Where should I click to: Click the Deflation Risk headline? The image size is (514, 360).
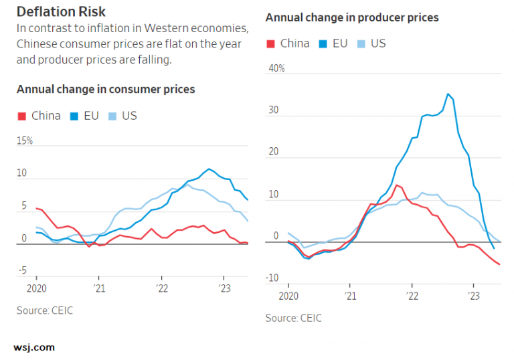click(61, 11)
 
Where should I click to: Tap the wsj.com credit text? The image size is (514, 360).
click(34, 347)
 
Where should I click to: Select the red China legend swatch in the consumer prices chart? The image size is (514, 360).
click(21, 116)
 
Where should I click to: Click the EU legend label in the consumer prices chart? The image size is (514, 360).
click(91, 116)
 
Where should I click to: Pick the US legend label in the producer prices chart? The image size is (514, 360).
click(378, 43)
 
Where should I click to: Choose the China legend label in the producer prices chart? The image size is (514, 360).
click(294, 43)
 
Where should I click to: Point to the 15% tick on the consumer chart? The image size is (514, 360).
click(25, 141)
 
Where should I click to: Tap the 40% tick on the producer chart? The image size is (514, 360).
click(276, 68)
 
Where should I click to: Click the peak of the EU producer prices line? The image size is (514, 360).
click(448, 94)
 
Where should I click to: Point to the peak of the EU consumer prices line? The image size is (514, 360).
click(209, 169)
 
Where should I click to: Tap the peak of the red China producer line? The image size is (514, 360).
click(397, 185)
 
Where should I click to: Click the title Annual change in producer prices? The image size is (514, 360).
click(352, 17)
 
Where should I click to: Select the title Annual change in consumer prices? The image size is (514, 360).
click(106, 89)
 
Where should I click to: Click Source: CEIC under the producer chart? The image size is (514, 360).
click(293, 318)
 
